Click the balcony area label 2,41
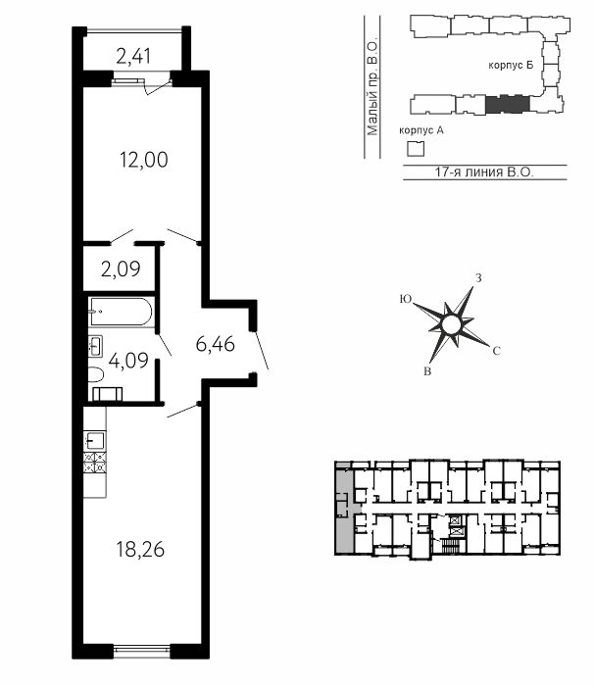point(133,57)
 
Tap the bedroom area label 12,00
point(144,160)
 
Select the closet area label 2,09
point(121,269)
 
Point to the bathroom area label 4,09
point(128,362)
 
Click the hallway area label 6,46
point(216,344)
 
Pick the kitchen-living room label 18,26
point(140,549)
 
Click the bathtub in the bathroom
point(121,312)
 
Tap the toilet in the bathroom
point(95,375)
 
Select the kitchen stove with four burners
point(95,463)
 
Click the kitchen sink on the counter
point(95,441)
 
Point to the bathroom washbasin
point(95,346)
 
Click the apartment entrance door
point(262,351)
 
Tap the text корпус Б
point(511,66)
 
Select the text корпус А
point(421,130)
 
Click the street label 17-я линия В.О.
point(484,171)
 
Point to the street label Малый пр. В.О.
point(372,88)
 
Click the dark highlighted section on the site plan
point(508,104)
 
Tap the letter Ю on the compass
point(406,299)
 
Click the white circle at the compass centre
point(451,325)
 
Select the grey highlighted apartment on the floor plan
point(345,508)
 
